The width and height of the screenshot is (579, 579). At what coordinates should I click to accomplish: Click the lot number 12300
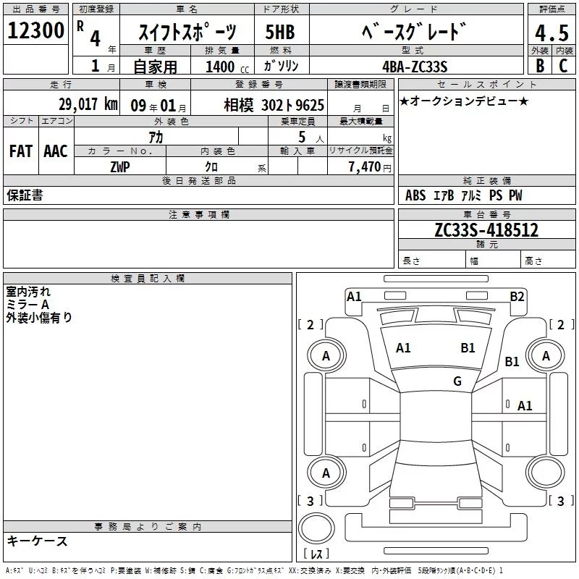(35, 30)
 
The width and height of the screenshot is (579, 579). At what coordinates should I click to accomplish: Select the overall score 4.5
(551, 33)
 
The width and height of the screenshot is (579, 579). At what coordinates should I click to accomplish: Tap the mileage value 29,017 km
(88, 104)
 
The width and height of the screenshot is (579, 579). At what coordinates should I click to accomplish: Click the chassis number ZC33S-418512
(486, 230)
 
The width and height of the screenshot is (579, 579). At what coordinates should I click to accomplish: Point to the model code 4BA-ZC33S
(415, 67)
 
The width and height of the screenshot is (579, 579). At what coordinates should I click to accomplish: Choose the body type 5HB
(280, 32)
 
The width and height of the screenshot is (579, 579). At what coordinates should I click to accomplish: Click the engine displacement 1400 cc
(227, 67)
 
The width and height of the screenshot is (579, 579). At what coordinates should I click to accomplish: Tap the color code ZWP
(120, 167)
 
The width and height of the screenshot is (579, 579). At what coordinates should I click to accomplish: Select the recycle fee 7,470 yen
(370, 167)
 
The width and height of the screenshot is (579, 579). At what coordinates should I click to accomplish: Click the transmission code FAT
(21, 151)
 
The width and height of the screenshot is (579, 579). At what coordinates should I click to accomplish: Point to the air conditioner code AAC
(56, 151)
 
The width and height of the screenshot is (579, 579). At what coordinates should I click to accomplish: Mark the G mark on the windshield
(457, 381)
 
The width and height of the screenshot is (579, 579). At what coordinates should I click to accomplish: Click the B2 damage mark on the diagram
(517, 297)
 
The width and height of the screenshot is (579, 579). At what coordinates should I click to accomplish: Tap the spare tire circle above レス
(316, 528)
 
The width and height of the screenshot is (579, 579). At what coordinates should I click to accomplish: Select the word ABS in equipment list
(415, 195)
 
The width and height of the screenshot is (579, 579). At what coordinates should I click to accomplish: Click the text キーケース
(38, 541)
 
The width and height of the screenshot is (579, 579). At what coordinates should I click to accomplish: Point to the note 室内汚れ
(28, 292)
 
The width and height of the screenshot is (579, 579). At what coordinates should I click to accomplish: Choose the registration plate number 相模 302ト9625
(274, 105)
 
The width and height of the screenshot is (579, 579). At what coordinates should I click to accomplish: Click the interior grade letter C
(563, 66)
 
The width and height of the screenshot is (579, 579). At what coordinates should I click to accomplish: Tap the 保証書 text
(25, 195)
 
